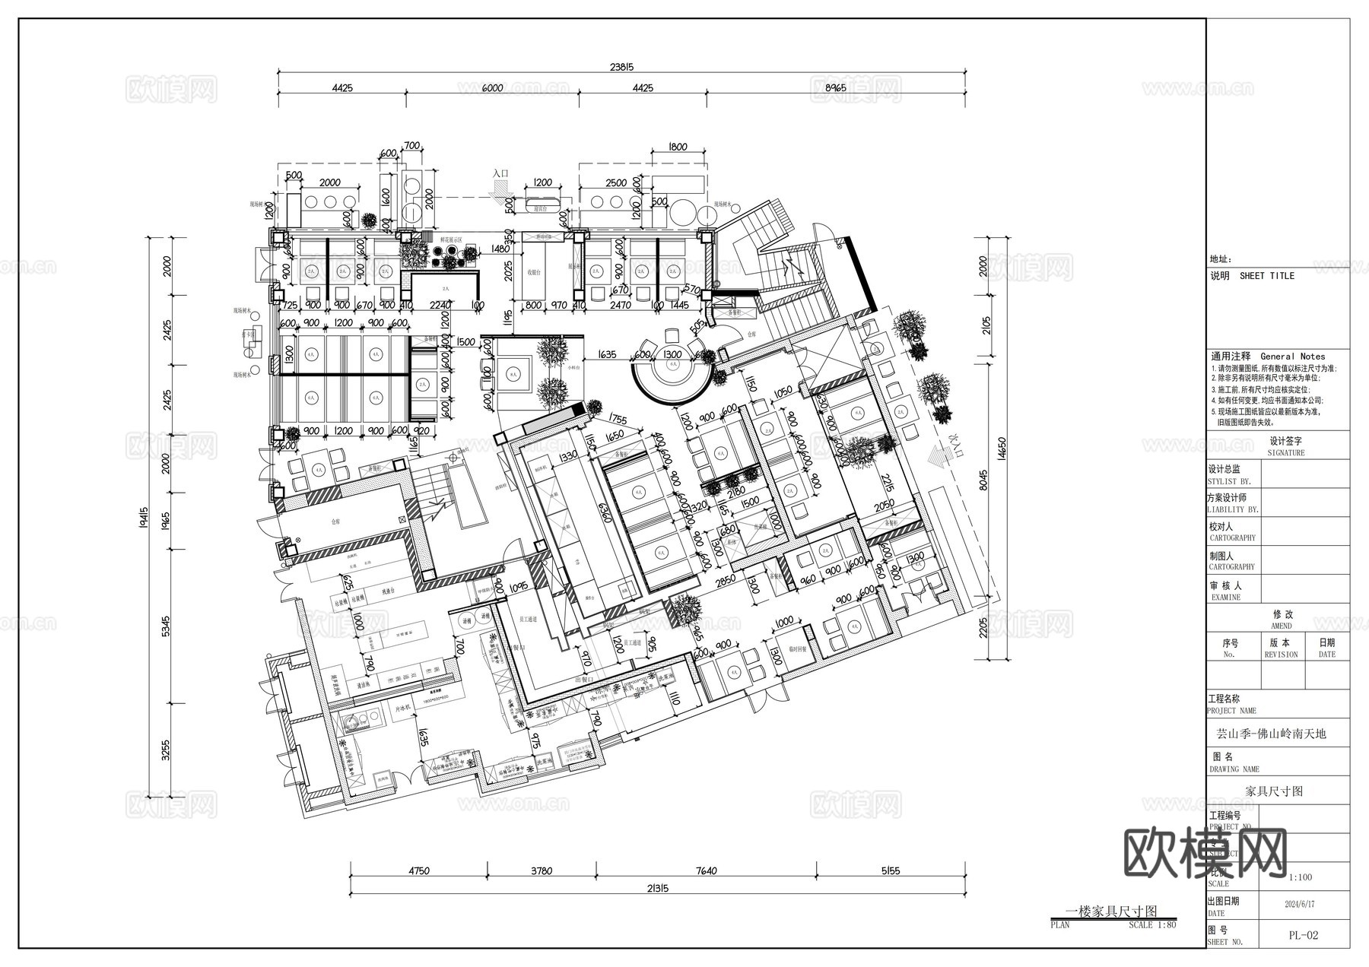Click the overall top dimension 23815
pyautogui.click(x=621, y=67)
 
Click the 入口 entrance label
pyautogui.click(x=500, y=174)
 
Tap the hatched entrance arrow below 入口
pyautogui.click(x=508, y=204)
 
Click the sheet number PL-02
pyautogui.click(x=1304, y=936)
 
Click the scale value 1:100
pyautogui.click(x=1301, y=877)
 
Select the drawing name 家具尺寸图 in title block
pyautogui.click(x=1274, y=791)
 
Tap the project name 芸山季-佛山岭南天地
pyautogui.click(x=1271, y=734)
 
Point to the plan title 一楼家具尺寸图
pyautogui.click(x=1111, y=912)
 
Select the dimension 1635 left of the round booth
pyautogui.click(x=607, y=354)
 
